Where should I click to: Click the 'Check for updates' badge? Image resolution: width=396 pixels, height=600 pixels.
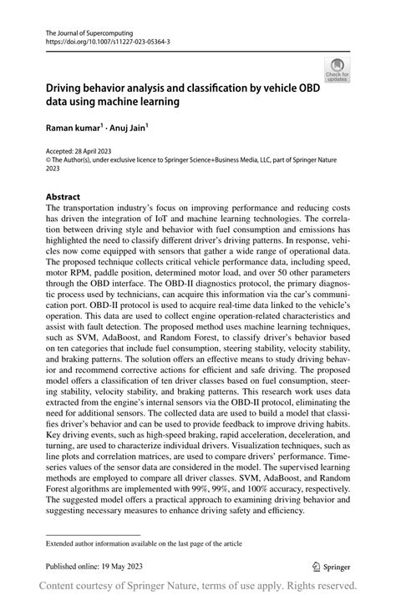[x=337, y=69]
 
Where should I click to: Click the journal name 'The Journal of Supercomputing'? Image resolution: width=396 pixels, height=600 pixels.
[x=84, y=28]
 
